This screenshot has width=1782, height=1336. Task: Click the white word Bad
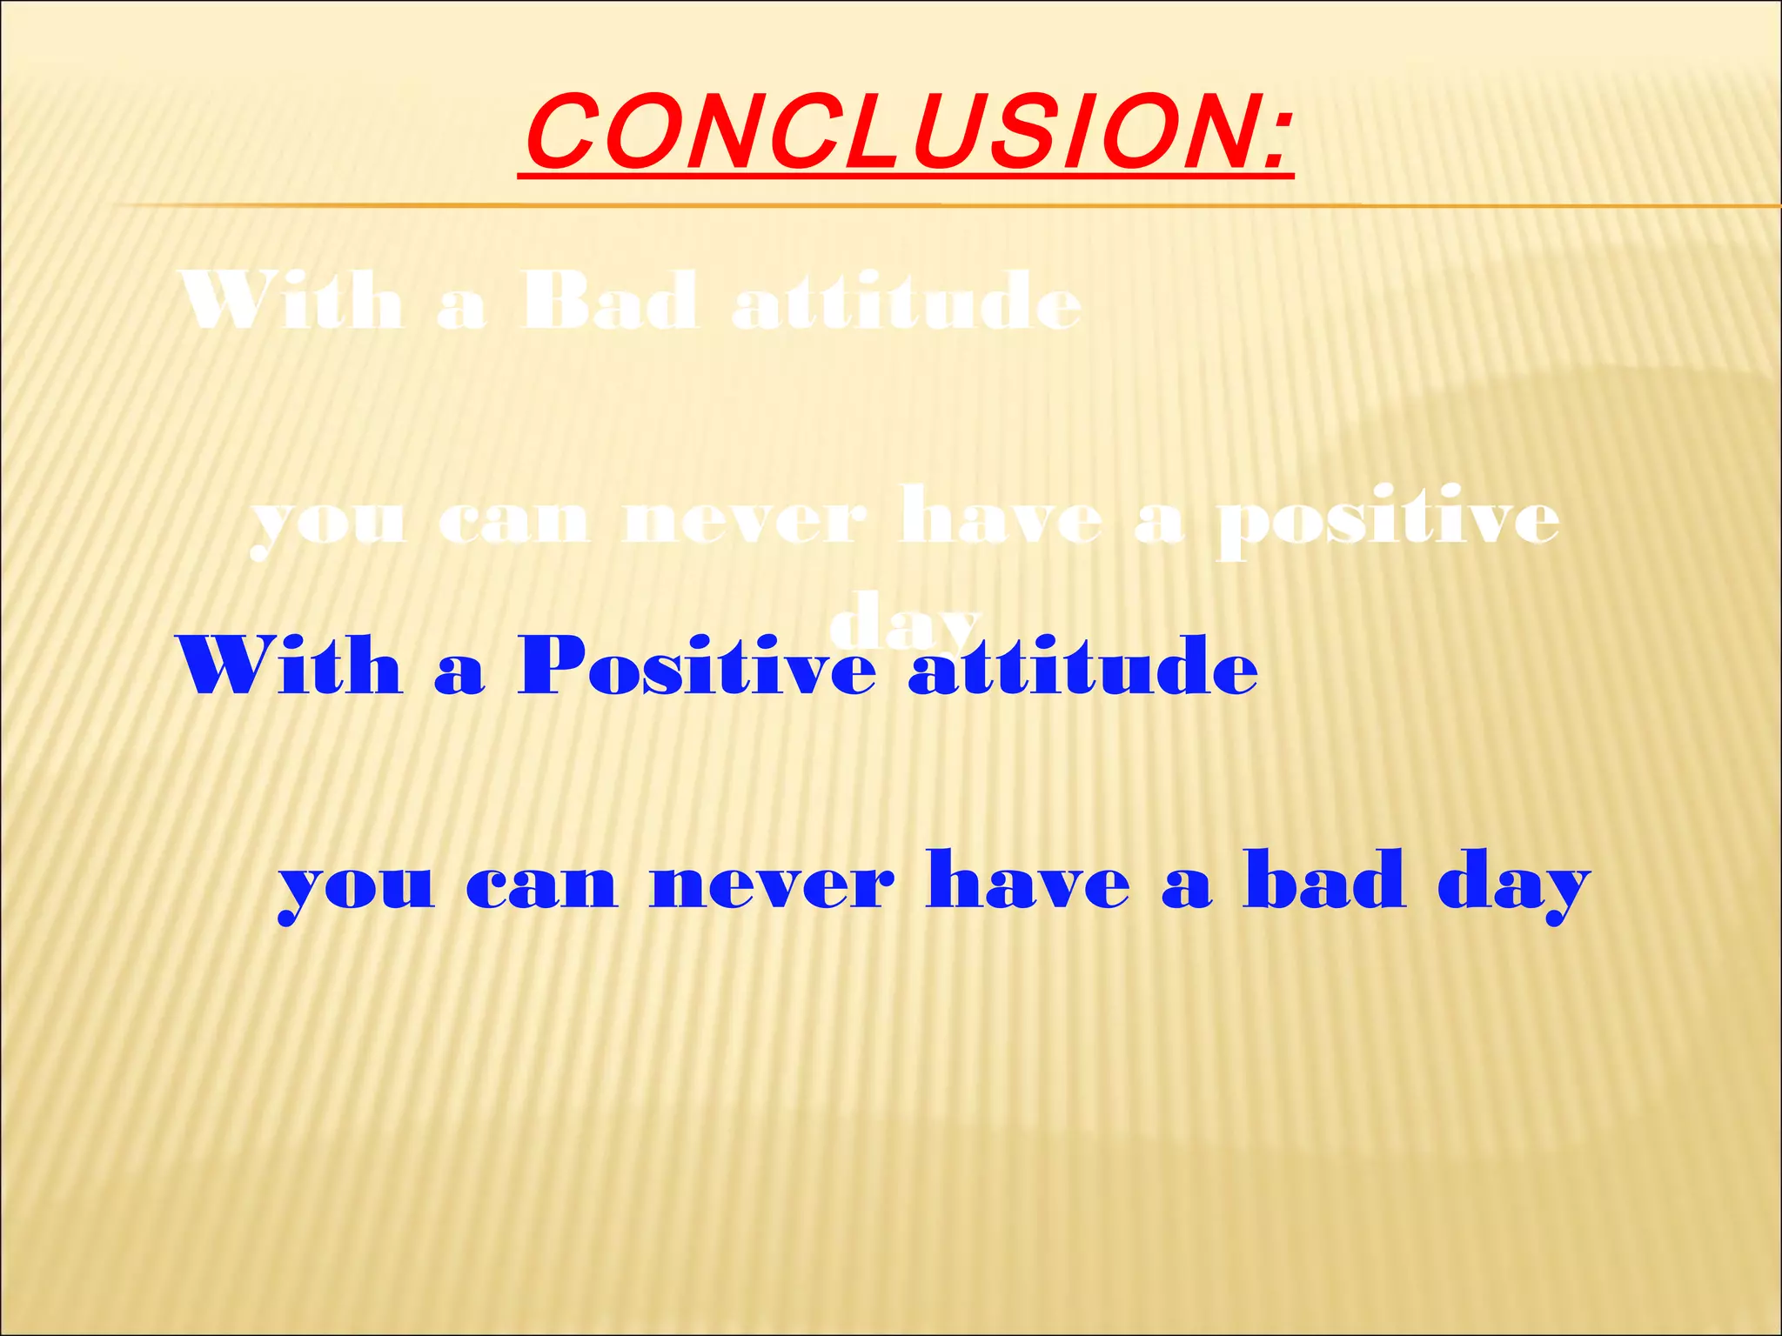pos(609,302)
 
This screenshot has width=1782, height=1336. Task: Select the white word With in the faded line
pos(291,302)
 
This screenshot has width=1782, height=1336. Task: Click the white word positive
pos(1387,523)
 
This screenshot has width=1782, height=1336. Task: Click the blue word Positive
pos(696,668)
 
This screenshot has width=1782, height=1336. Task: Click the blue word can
pos(541,887)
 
